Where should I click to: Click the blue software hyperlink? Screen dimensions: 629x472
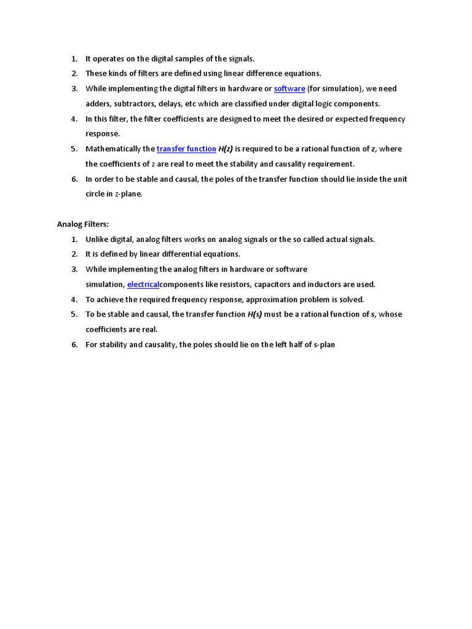point(289,89)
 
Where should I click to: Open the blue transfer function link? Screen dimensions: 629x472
point(186,149)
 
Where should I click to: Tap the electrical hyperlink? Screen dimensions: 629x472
point(143,284)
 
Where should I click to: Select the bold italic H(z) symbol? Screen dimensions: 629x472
point(226,149)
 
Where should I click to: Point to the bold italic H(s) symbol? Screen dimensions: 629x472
point(254,314)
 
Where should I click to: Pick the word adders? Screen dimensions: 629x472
point(98,104)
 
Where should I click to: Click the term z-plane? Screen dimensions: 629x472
point(128,194)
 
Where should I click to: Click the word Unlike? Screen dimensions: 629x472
point(96,240)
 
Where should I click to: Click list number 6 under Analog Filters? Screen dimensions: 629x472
point(74,345)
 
